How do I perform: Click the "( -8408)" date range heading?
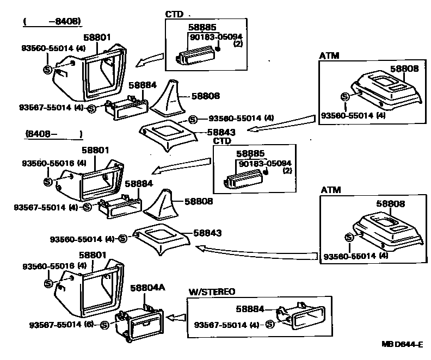52,22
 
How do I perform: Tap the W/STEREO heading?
212,292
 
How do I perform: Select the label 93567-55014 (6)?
61,325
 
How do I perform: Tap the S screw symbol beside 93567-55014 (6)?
104,325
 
